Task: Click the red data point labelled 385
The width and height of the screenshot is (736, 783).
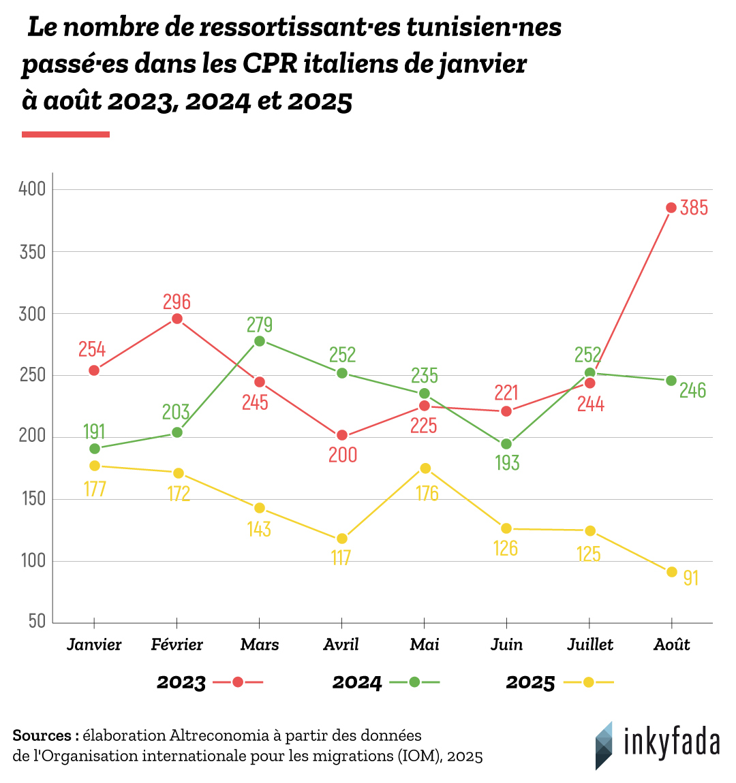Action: [671, 208]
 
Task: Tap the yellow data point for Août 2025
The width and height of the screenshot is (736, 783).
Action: [671, 572]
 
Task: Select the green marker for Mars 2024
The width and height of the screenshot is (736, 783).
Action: [260, 341]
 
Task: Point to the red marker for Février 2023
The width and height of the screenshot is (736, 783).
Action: [177, 319]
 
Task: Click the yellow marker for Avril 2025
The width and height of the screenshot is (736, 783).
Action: [342, 539]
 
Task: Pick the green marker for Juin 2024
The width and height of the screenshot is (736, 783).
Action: [506, 444]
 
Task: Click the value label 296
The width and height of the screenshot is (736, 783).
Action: [177, 302]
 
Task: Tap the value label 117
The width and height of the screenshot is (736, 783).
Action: [341, 558]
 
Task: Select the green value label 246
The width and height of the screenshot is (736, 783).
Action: [692, 390]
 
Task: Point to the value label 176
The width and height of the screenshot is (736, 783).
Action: [427, 493]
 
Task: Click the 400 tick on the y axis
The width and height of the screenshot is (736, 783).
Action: [32, 189]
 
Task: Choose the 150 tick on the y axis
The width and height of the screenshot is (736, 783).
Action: [32, 499]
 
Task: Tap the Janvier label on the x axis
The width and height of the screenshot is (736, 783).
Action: [94, 645]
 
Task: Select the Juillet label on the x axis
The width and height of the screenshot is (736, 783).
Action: [590, 645]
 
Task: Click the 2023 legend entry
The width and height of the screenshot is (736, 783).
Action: [181, 682]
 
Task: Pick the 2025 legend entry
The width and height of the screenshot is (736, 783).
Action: [530, 682]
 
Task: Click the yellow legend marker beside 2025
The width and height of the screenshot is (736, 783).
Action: [589, 682]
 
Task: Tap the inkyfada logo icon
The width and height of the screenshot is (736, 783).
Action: [604, 746]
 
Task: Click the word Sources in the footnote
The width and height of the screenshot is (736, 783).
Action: [42, 735]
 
